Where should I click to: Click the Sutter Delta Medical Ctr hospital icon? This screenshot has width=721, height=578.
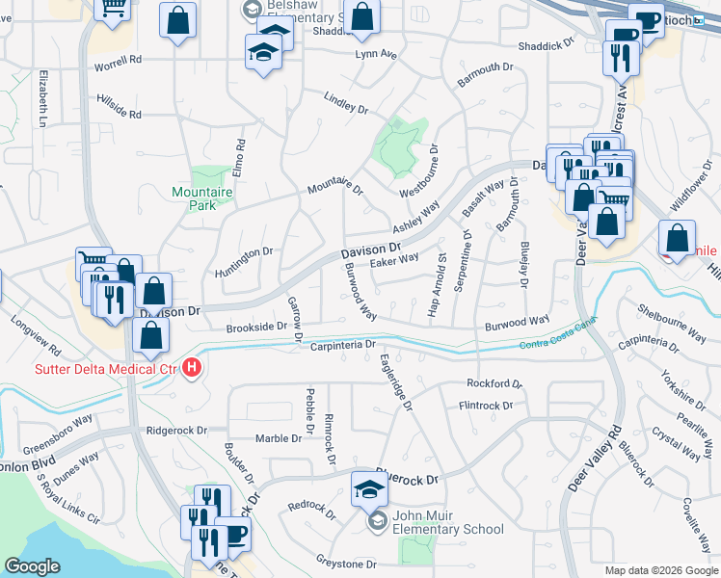click(192, 367)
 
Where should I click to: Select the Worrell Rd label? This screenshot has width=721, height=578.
click(118, 60)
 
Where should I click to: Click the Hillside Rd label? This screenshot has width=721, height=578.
click(119, 107)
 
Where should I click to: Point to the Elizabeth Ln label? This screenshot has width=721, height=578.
click(43, 99)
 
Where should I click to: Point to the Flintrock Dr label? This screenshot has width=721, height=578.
click(486, 407)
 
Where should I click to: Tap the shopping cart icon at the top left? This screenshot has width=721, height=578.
click(114, 8)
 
